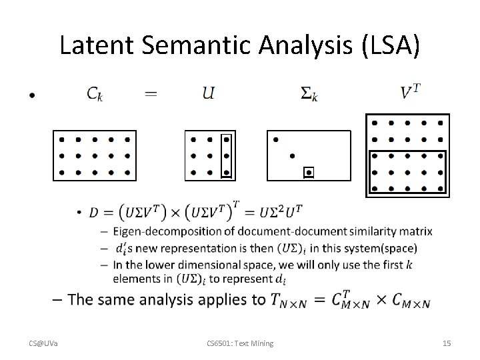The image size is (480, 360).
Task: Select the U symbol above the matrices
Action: [209, 93]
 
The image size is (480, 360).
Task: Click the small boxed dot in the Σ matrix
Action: [308, 173]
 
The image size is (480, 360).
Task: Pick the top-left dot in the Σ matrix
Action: [275, 140]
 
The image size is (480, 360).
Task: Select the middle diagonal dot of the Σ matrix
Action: [291, 156]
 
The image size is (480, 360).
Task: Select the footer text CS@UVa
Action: [43, 343]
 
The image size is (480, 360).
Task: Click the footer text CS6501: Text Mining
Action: [240, 343]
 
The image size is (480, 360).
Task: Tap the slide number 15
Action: [447, 343]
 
